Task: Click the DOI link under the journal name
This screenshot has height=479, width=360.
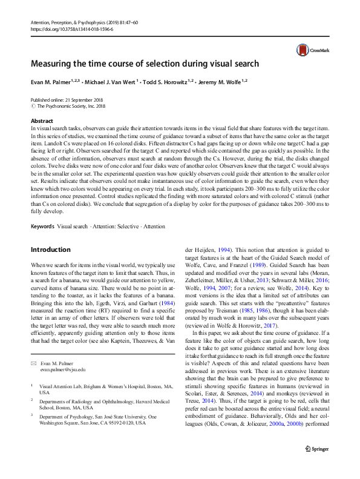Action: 67,28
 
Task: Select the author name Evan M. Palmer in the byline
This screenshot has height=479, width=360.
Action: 51,81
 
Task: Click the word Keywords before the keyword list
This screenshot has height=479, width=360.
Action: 42,210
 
